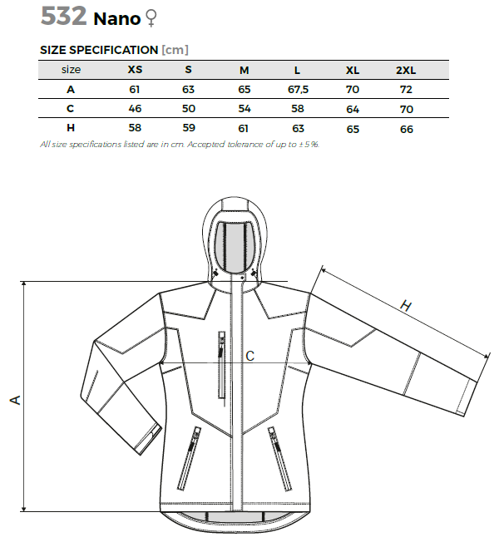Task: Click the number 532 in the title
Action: click(x=64, y=16)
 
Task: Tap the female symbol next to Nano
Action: click(x=151, y=18)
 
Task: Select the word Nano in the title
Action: click(x=117, y=19)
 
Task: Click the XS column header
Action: click(x=135, y=70)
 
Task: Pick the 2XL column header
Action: click(x=406, y=70)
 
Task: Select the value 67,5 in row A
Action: click(x=298, y=90)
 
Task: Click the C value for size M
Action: click(x=245, y=109)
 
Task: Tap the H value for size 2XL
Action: click(x=407, y=130)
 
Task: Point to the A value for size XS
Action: click(x=135, y=90)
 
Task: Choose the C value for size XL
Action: click(x=353, y=109)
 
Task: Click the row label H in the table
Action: click(x=71, y=128)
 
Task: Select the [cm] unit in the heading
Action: click(x=175, y=50)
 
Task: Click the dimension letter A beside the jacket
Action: click(x=16, y=400)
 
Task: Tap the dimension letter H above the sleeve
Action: click(x=406, y=306)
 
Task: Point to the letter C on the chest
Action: click(x=249, y=356)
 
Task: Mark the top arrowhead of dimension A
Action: click(x=23, y=283)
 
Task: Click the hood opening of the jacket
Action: click(x=235, y=247)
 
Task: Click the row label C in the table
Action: click(x=70, y=109)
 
